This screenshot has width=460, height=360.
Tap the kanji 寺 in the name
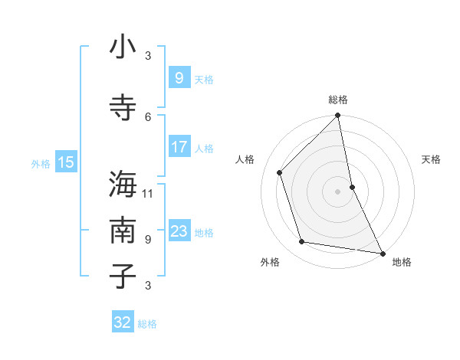click(x=123, y=106)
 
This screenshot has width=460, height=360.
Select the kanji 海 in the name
click(x=123, y=185)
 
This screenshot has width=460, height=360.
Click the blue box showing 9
click(x=179, y=78)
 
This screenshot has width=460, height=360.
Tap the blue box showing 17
click(x=179, y=147)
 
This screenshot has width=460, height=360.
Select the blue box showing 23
click(x=179, y=231)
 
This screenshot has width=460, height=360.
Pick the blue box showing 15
click(x=66, y=162)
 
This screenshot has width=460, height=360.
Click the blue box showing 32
click(x=123, y=322)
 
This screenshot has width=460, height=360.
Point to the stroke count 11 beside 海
click(x=148, y=193)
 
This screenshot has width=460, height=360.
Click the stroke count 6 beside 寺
click(x=148, y=116)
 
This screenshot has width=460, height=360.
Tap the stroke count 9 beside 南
click(x=148, y=239)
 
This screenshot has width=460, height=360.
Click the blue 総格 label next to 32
click(x=147, y=324)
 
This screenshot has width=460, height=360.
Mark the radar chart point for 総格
click(x=338, y=116)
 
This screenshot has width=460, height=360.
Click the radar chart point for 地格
click(x=382, y=253)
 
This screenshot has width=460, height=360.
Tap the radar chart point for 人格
click(x=280, y=172)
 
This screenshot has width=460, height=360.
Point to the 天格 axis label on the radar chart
click(x=431, y=159)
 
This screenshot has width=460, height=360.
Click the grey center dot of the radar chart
click(x=337, y=191)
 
